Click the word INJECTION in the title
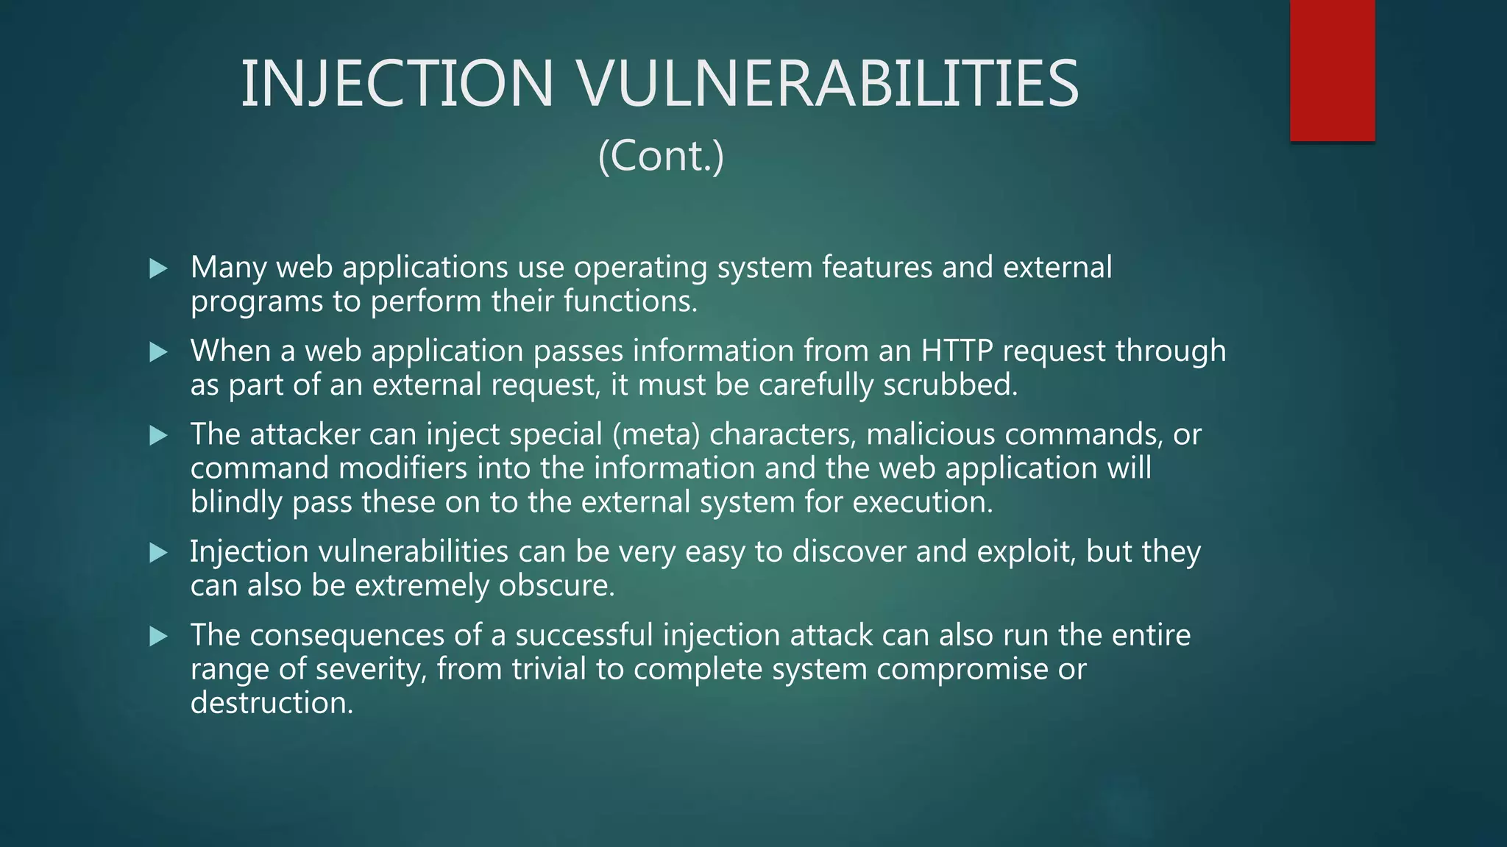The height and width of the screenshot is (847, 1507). (397, 83)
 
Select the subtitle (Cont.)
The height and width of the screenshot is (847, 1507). (661, 156)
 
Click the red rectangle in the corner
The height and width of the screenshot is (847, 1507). (1332, 70)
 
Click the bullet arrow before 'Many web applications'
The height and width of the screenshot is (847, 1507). (158, 268)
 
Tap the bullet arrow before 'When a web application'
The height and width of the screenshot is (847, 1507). (158, 352)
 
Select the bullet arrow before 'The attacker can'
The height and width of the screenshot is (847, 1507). (158, 436)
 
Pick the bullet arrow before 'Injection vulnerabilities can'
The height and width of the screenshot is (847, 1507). (158, 553)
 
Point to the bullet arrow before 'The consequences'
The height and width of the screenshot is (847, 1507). (158, 637)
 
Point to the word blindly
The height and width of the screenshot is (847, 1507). (236, 503)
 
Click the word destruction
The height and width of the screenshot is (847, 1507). (272, 704)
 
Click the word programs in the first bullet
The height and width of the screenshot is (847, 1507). (256, 302)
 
